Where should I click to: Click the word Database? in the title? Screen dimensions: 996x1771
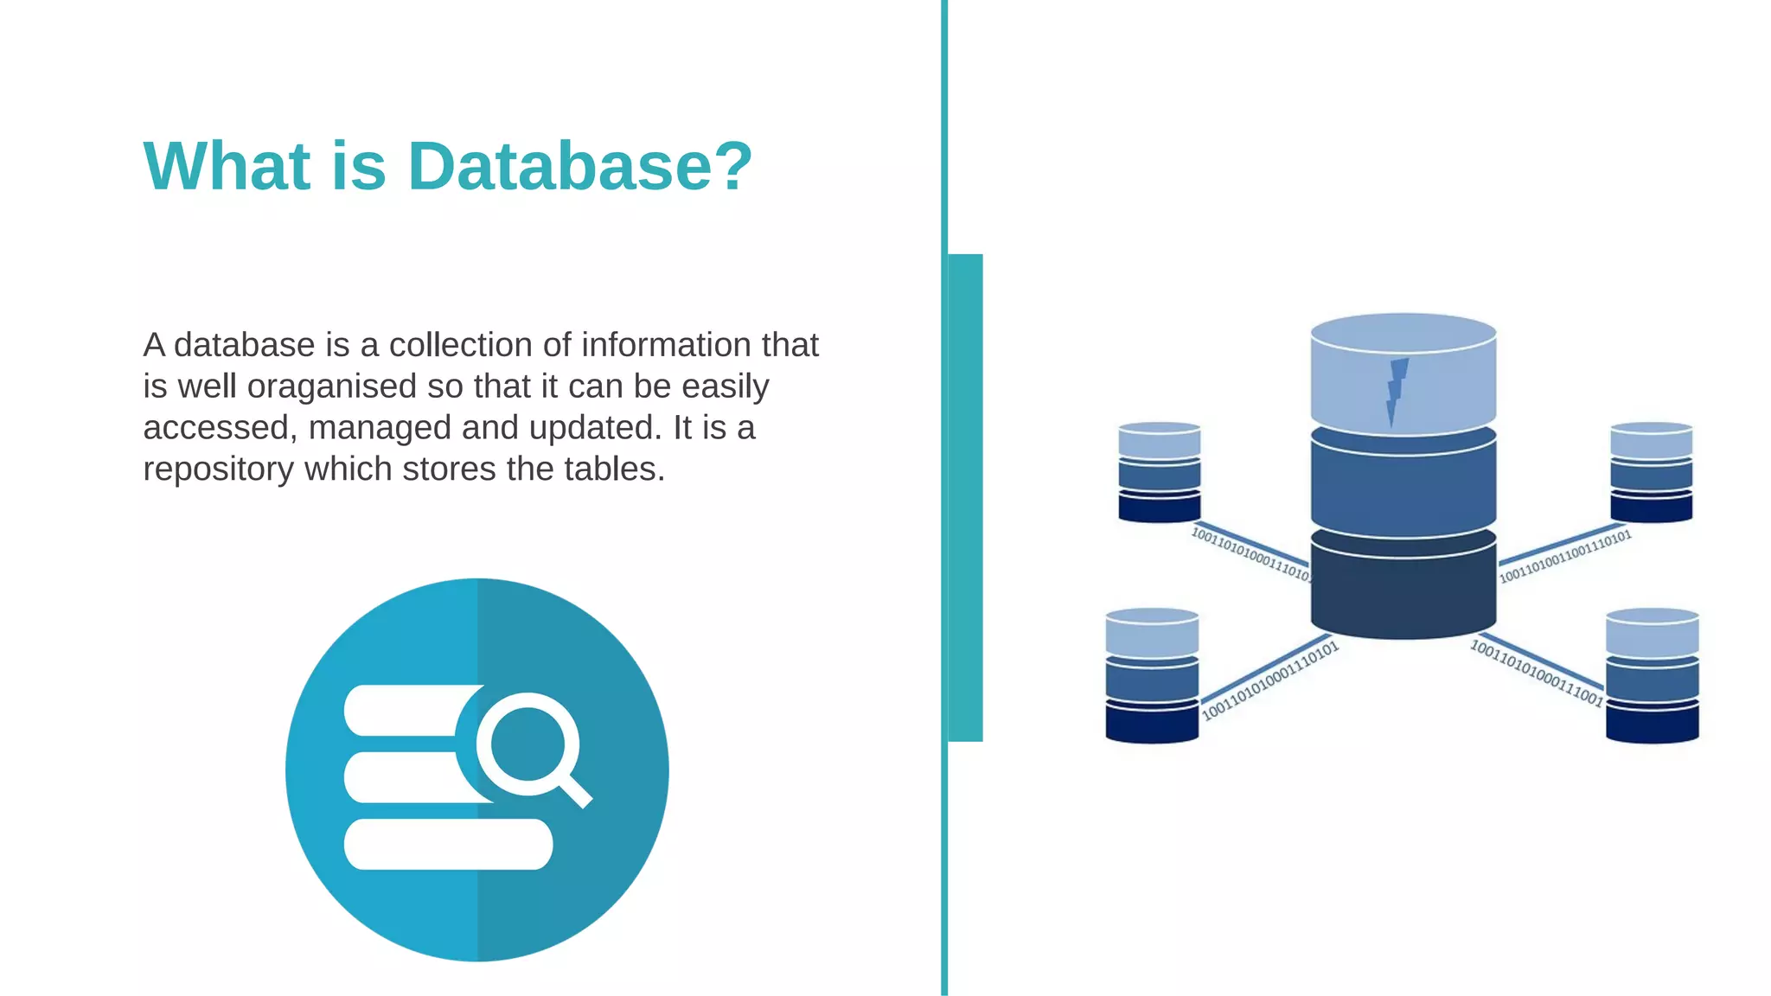pyautogui.click(x=579, y=166)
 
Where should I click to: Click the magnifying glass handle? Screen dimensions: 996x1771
pyautogui.click(x=575, y=789)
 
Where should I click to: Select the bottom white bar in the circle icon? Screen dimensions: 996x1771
pyautogui.click(x=448, y=844)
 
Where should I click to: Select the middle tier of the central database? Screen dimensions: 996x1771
pyautogui.click(x=1403, y=488)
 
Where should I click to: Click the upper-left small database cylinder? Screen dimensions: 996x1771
pyautogui.click(x=1160, y=472)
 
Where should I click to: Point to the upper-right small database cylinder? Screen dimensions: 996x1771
pyautogui.click(x=1651, y=472)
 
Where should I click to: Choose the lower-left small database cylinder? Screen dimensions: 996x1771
pyautogui.click(x=1152, y=675)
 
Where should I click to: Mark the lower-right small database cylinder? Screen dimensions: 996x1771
pyautogui.click(x=1652, y=675)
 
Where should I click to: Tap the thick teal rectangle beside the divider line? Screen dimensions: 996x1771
pyautogui.click(x=965, y=497)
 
